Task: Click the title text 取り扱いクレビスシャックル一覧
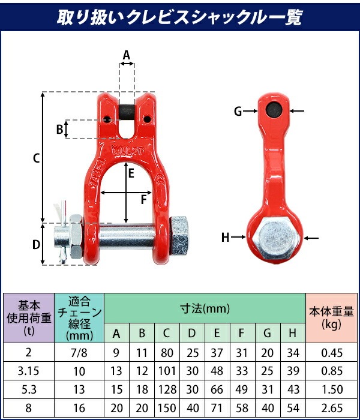(180, 17)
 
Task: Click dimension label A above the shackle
(126, 55)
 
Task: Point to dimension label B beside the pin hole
(59, 128)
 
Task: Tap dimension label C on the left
(36, 158)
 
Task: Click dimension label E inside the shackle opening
(130, 173)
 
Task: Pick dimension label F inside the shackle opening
(144, 199)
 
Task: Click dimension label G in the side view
(238, 111)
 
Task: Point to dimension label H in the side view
(226, 238)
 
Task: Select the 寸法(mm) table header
(205, 309)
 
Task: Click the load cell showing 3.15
(29, 372)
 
